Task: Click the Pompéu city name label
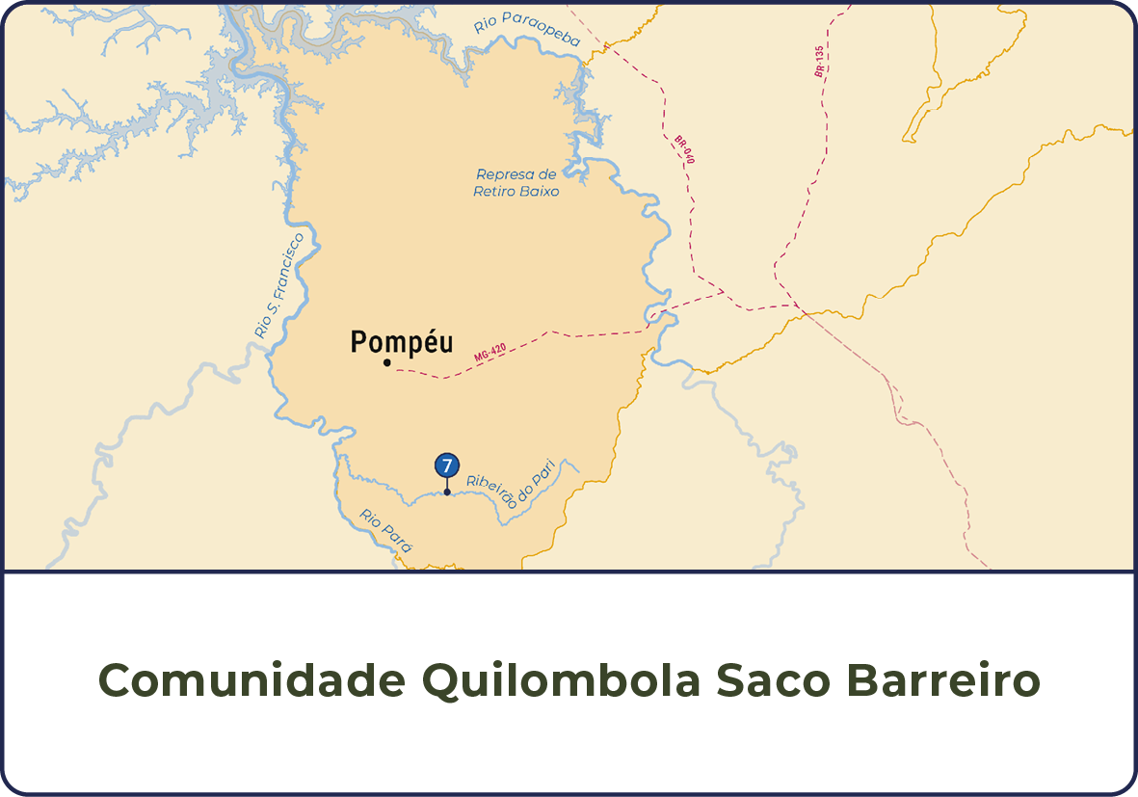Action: (401, 342)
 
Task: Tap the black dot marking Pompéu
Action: (386, 363)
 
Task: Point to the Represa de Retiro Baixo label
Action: (516, 183)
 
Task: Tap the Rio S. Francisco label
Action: (279, 285)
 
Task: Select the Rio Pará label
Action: (386, 530)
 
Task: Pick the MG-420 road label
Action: (490, 352)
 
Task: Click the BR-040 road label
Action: (684, 149)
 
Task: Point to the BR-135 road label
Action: (819, 61)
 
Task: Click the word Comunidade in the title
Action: (252, 681)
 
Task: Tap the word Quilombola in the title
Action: (561, 681)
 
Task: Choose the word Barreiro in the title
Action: (943, 681)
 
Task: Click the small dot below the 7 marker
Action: (446, 492)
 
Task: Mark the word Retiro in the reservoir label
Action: (492, 192)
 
